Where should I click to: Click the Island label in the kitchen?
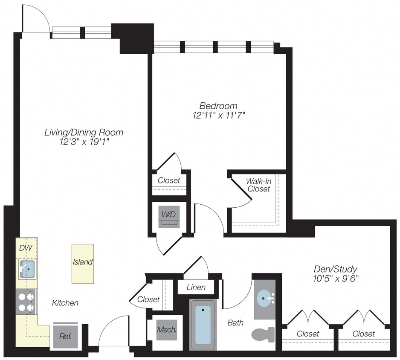tap(83, 262)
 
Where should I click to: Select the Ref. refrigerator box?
tap(65, 335)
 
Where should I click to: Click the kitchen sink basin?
tap(27, 270)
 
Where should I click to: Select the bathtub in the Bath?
tap(203, 324)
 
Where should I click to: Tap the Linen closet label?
tap(196, 287)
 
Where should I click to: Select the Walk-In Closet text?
tap(258, 185)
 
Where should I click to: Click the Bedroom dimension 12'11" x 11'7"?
tap(219, 115)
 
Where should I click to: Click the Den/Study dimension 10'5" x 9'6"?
tap(335, 279)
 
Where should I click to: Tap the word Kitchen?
tap(65, 303)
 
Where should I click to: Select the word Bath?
tap(235, 322)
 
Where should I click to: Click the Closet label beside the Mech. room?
tap(148, 299)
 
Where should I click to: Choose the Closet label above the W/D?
tap(169, 180)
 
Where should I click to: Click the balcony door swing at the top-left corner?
tap(35, 19)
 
